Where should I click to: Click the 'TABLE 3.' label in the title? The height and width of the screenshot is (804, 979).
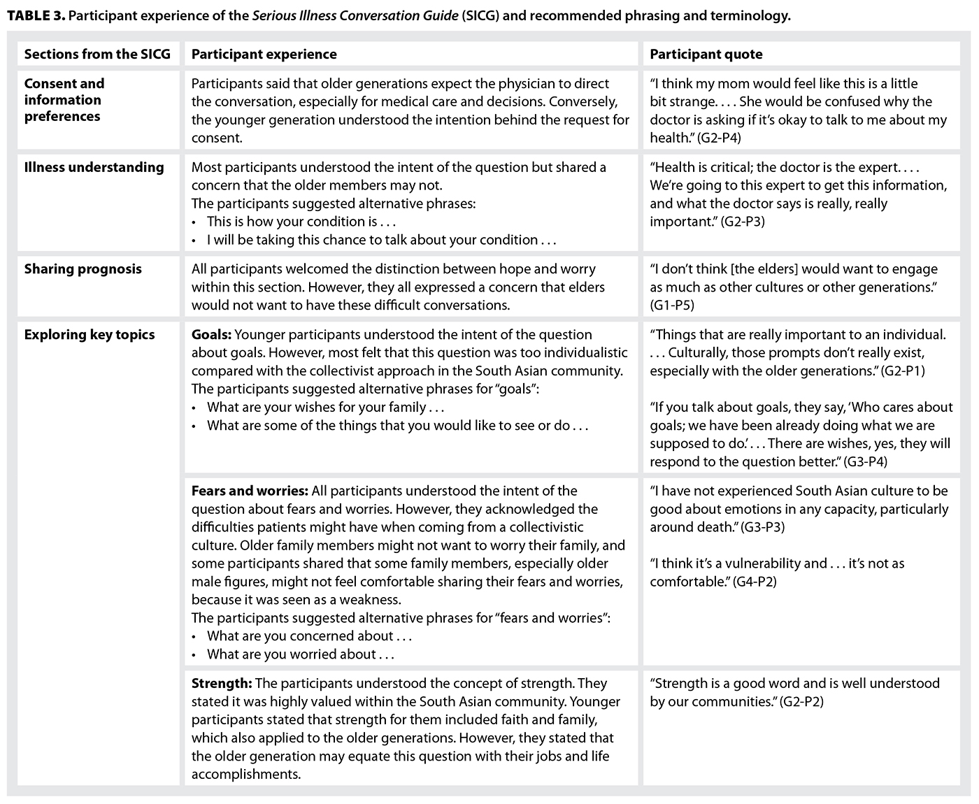pos(36,15)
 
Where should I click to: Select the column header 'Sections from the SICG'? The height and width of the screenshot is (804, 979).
pos(97,55)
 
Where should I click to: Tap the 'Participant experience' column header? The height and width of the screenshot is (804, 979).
pos(264,55)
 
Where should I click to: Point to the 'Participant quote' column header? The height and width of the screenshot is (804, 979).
pos(706,55)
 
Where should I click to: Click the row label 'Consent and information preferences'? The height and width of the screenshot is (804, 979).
pos(64,100)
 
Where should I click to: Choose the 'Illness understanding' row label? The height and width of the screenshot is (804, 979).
pos(94,167)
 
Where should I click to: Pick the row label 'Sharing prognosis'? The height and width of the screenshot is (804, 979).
pos(83,269)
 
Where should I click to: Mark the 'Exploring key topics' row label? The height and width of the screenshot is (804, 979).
pos(90,335)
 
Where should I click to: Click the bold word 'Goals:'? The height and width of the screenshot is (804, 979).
pos(212,335)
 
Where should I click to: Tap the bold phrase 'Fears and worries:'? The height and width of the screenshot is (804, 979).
pos(250,491)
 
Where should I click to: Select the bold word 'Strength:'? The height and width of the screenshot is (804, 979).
pos(221,684)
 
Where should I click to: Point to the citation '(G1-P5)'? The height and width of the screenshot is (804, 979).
pos(672,306)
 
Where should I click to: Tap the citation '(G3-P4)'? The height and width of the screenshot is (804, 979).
pos(866,461)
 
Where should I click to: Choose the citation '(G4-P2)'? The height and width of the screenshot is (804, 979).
pos(755,582)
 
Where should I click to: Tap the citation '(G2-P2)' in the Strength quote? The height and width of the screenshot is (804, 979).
pos(801,702)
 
